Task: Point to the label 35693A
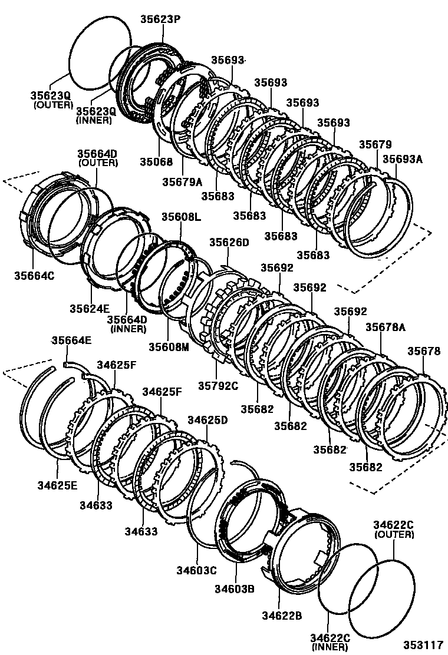coord(403,158)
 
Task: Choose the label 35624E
coord(90,308)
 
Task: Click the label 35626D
coord(229,242)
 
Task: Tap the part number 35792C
coord(218,386)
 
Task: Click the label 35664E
coord(71,340)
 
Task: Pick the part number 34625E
coord(58,485)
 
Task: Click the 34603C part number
coord(197,570)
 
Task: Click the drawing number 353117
coord(423,645)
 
